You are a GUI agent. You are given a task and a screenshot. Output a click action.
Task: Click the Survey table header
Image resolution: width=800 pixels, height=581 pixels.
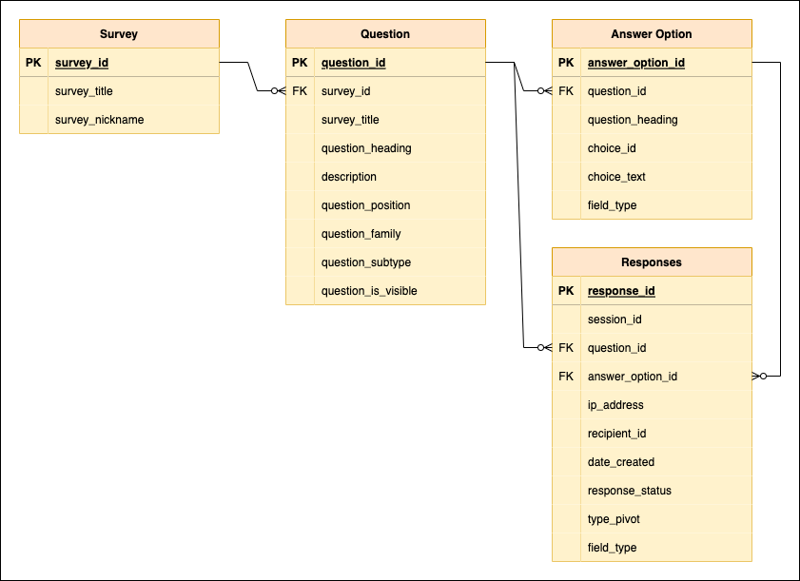(119, 34)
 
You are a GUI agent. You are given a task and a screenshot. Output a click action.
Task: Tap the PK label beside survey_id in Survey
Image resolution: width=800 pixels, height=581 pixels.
(33, 63)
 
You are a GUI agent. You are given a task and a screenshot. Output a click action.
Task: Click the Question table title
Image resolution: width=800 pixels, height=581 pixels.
(385, 34)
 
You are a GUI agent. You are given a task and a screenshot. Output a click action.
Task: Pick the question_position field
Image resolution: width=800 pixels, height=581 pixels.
(365, 205)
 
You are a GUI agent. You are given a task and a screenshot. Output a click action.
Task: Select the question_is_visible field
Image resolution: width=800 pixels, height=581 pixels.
(369, 291)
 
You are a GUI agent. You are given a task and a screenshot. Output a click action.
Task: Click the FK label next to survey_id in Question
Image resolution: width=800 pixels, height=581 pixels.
(300, 91)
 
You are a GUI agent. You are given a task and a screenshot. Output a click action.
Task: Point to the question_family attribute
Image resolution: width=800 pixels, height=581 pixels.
(361, 234)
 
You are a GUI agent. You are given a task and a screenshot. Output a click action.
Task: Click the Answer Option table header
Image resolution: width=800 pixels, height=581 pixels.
(652, 34)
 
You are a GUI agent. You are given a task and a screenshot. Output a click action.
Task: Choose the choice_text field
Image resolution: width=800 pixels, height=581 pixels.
(616, 177)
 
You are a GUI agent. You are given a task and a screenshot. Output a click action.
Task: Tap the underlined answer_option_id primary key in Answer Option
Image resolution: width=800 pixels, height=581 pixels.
(636, 63)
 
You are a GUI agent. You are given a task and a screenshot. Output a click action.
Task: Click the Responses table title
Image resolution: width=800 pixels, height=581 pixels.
(652, 262)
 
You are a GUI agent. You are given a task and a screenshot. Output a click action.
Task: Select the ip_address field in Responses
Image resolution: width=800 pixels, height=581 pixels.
(615, 405)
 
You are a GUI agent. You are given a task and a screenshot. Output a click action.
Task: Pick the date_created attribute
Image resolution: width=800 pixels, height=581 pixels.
(621, 462)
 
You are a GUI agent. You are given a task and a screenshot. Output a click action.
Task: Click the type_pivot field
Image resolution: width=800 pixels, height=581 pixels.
(615, 519)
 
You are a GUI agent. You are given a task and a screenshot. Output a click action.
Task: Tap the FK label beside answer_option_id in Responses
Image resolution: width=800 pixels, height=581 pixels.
(566, 377)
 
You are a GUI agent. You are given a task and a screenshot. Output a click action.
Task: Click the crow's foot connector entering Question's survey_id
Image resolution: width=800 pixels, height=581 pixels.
(277, 91)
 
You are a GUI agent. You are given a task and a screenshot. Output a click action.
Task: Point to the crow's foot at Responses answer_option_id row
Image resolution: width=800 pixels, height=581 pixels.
(760, 377)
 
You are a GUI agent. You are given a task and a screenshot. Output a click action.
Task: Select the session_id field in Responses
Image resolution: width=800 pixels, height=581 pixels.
(615, 320)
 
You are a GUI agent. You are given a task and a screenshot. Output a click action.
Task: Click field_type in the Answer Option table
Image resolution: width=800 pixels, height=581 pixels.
(612, 205)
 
